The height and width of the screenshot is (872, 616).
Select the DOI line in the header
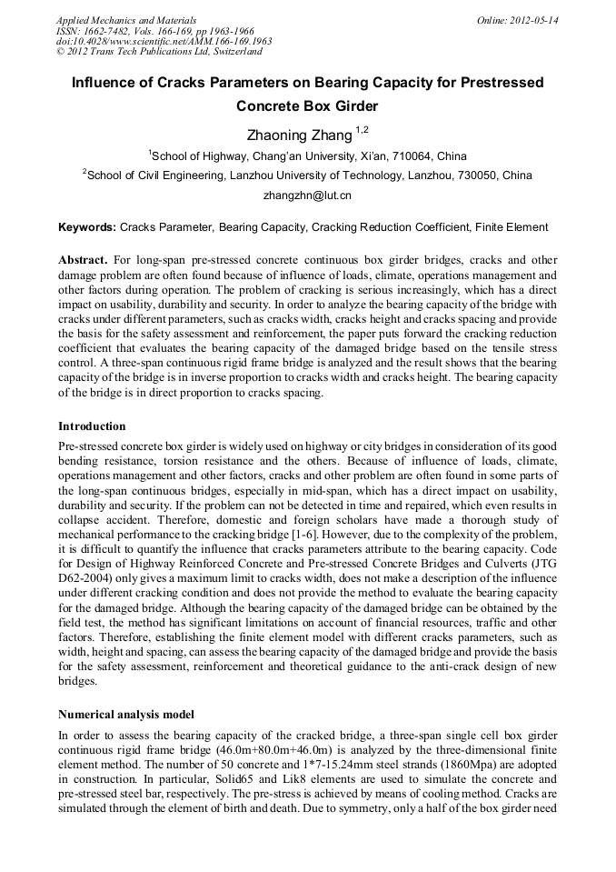coord(164,41)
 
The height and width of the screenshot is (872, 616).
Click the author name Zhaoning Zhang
coord(299,135)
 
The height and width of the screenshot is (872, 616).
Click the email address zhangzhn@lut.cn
coord(307,195)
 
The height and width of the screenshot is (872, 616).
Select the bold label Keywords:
coord(87,227)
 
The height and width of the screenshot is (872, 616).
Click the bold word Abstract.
coord(84,259)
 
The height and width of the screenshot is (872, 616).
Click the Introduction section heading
coord(92,426)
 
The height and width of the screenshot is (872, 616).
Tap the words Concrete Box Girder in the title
coord(307,105)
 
